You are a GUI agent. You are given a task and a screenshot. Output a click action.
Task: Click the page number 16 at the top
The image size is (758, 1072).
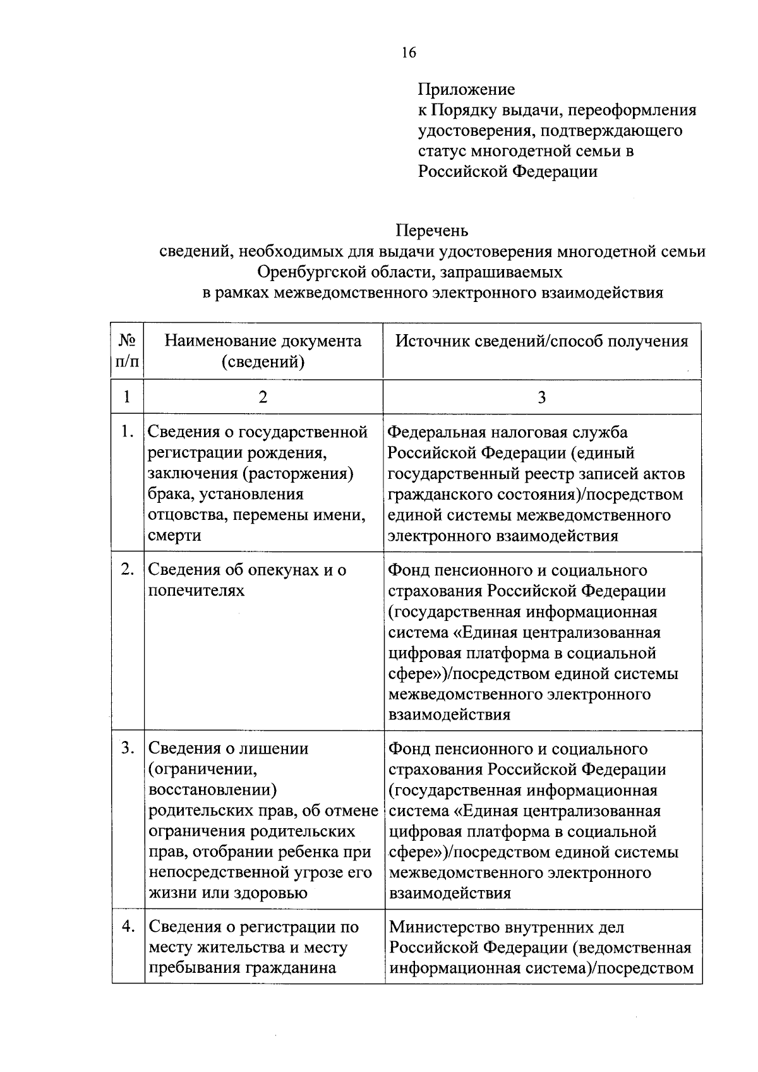pos(408,52)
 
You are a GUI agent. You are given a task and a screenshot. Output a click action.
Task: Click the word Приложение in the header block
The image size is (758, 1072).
pos(466,90)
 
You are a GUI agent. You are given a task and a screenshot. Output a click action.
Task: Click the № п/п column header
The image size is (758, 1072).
pos(127,351)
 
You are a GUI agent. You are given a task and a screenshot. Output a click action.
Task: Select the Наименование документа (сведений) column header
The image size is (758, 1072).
pos(263,351)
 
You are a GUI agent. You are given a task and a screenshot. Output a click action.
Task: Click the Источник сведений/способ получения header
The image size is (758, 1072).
pos(541,342)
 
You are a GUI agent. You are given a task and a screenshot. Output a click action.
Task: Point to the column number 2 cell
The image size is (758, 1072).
pos(263,397)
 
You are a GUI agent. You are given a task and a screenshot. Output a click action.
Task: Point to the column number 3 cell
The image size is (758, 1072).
pos(541,397)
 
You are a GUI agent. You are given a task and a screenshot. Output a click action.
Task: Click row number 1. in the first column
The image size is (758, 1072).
pos(128,432)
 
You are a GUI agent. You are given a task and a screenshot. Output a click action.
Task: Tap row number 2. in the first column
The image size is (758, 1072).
pos(128,570)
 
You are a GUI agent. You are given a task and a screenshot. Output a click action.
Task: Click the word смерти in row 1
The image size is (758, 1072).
pos(174,536)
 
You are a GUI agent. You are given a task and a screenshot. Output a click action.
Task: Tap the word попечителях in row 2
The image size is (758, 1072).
pos(196,591)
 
